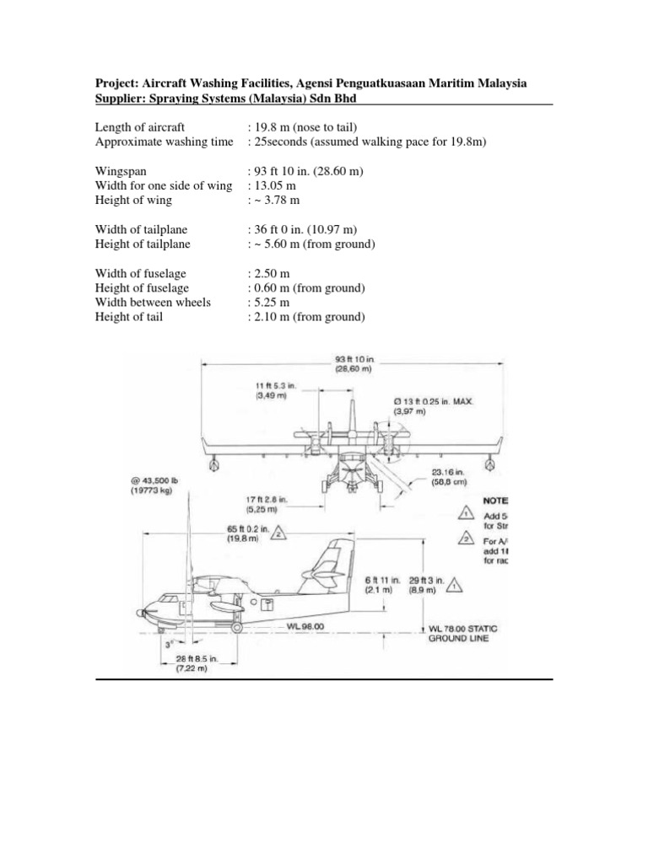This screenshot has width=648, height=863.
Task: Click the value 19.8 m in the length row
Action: coord(272,127)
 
